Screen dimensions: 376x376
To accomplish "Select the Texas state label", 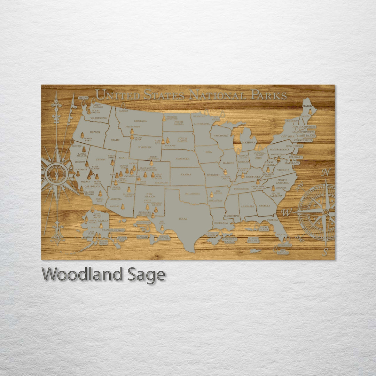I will tap(183, 219).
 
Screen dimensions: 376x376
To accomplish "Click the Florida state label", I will tap(273, 220).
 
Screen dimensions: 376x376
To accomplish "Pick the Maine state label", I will tap(307, 105).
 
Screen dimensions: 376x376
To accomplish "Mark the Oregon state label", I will tap(95, 132).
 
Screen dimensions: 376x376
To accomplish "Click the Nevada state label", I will tap(101, 159).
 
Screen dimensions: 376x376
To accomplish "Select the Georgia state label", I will tap(265, 205).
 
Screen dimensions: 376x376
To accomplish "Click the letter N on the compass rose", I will tap(326, 172).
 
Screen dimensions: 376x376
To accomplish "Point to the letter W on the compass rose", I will tap(286, 212).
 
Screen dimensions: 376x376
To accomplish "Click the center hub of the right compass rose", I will tap(326, 212).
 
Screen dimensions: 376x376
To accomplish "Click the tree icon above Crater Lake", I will tap(83, 135).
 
